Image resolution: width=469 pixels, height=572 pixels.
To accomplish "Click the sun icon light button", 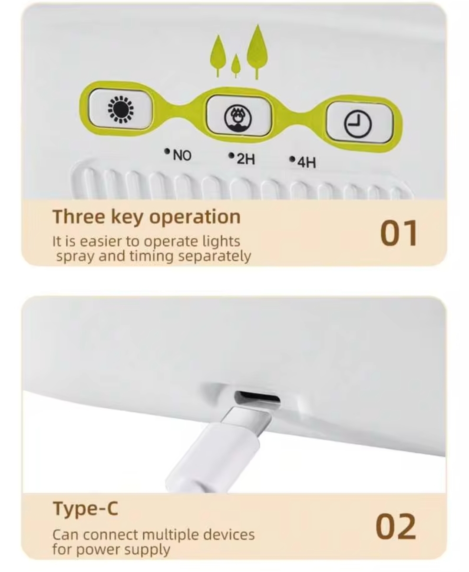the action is pyautogui.click(x=121, y=109).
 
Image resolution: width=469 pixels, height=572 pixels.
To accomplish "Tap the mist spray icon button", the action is pyautogui.click(x=238, y=116).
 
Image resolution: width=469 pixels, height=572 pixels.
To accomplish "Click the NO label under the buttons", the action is pyautogui.click(x=182, y=156).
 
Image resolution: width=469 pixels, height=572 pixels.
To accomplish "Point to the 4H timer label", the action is pyautogui.click(x=307, y=163).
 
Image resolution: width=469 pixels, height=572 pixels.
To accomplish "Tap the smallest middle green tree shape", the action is pyautogui.click(x=236, y=66).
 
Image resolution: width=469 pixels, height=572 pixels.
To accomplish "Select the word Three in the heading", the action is pyautogui.click(x=79, y=217).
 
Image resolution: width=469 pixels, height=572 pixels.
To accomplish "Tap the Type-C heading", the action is pyautogui.click(x=86, y=508).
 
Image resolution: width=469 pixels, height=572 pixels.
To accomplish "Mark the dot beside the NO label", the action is pyautogui.click(x=168, y=151).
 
